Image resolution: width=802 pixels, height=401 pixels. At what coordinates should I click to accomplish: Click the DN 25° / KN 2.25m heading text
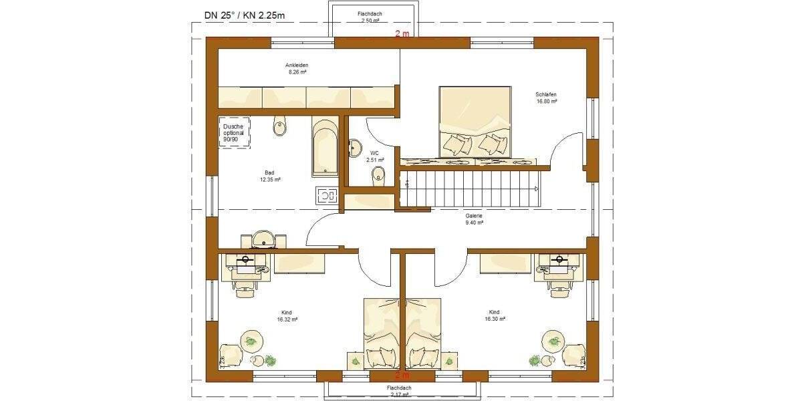247,14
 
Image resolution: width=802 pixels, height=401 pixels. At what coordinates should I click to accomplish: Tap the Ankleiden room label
296,69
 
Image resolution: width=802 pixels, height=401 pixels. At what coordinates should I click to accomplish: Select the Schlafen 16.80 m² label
546,98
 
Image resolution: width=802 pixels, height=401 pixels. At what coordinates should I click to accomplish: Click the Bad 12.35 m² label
270,176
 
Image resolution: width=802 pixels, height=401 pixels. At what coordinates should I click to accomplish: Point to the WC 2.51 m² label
375,156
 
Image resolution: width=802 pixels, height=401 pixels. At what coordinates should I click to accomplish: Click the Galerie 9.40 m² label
474,220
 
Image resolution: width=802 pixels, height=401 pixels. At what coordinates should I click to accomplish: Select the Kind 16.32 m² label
287,316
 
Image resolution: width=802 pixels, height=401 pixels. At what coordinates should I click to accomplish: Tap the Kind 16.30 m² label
493,316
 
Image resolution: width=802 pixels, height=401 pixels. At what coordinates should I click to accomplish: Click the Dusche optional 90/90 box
233,133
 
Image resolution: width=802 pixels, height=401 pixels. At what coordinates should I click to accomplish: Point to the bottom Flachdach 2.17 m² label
401,392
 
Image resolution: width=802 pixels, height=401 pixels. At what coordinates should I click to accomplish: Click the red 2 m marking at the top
402,33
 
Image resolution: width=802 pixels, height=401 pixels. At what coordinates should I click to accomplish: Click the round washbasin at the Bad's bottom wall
263,239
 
